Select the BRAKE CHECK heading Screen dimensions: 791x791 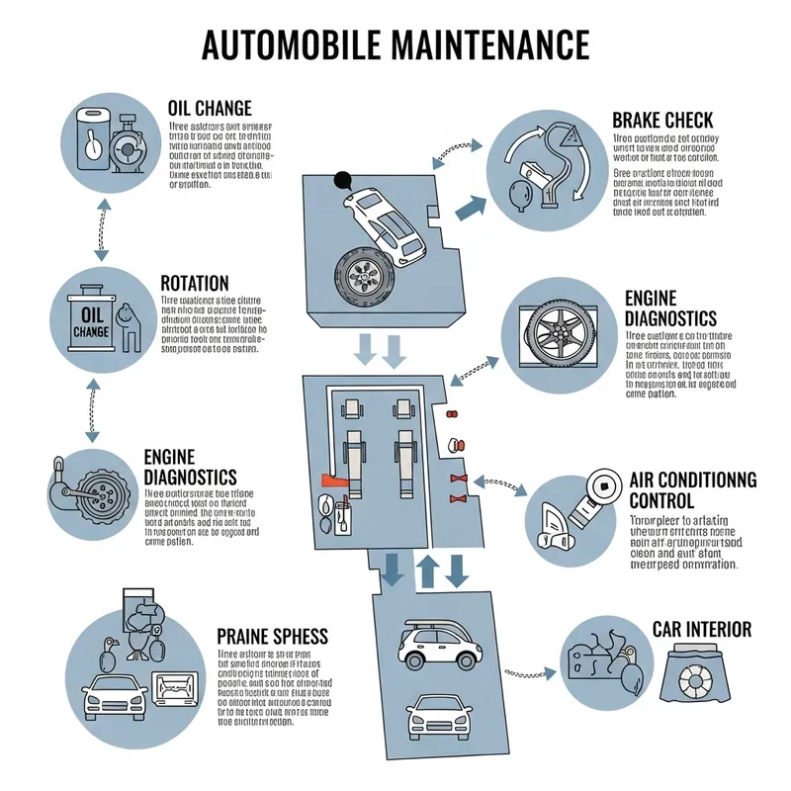click(662, 121)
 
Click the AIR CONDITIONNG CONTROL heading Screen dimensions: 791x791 click(692, 489)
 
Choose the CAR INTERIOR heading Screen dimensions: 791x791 click(701, 629)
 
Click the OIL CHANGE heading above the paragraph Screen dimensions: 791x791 click(210, 108)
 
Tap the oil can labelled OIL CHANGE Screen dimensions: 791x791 click(84, 322)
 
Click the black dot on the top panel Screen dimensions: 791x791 click(343, 180)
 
